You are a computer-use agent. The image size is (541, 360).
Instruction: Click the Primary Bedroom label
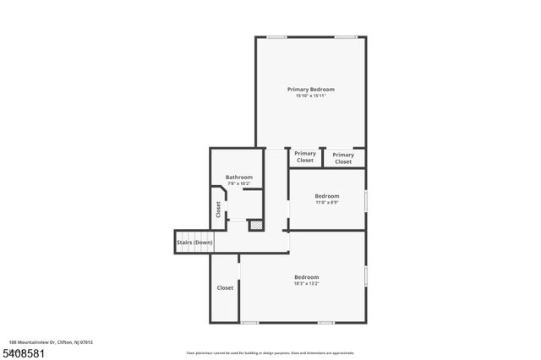(310, 90)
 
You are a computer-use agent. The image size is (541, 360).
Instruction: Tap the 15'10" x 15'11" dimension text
(310, 96)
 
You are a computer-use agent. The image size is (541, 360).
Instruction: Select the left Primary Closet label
(305, 156)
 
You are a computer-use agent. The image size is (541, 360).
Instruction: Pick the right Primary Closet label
(343, 158)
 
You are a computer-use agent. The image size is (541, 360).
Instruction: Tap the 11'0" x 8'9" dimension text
(327, 202)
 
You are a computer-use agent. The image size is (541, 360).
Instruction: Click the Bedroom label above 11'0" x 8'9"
(327, 195)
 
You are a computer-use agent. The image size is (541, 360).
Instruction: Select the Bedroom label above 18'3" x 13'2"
(306, 277)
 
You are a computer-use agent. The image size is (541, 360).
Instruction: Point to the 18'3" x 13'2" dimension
(306, 284)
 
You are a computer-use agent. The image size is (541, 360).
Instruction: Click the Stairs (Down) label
(194, 243)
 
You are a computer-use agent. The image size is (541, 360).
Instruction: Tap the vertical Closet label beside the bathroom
(218, 210)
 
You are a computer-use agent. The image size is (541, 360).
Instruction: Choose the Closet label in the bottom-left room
(225, 288)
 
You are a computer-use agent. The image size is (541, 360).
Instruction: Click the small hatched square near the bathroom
(255, 226)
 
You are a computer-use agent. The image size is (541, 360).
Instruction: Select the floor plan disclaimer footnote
(270, 352)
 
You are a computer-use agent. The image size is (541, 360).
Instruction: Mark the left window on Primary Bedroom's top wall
(276, 36)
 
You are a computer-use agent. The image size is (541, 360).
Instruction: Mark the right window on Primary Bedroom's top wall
(344, 36)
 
